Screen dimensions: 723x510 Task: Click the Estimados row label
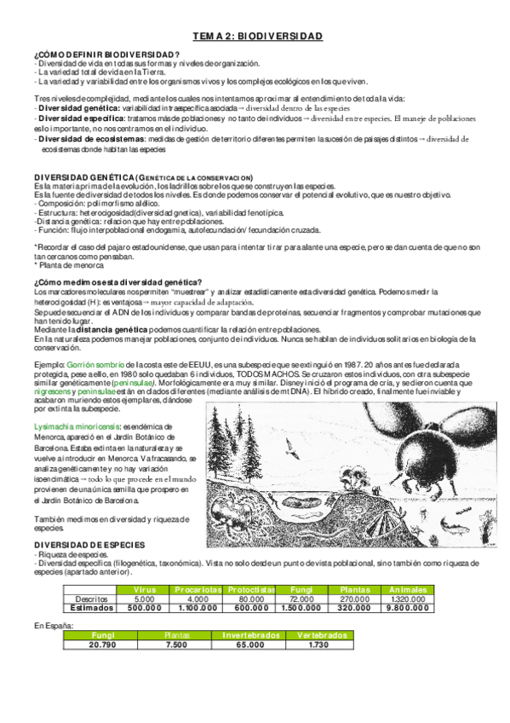pos(90,608)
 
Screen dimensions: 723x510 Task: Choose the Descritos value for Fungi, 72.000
pos(302,599)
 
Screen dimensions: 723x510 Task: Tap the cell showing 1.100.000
pos(198,608)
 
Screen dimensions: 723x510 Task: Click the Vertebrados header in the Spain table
pos(317,636)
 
